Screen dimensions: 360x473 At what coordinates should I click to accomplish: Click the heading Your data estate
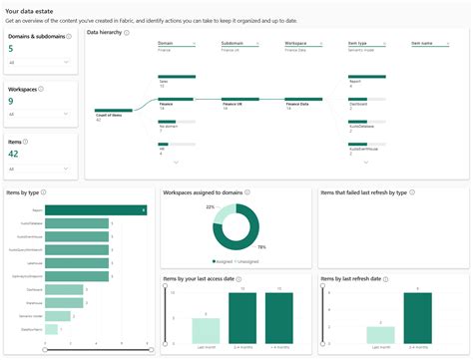coord(30,9)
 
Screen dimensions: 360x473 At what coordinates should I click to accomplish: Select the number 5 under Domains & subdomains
coord(11,47)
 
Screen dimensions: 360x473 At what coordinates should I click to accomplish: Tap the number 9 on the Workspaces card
coord(11,101)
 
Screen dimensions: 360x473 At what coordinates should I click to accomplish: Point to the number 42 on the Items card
coord(14,155)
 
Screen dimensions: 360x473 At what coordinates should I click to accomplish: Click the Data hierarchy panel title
coord(108,33)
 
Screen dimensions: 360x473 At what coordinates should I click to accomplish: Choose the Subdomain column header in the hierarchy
coord(233,43)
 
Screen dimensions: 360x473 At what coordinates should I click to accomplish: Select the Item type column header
coord(357,43)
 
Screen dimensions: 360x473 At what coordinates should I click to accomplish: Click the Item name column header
coord(422,43)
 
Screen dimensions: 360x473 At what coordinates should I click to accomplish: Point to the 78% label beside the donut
coord(262,246)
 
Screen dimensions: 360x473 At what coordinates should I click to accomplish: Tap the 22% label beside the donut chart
coord(211,206)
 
